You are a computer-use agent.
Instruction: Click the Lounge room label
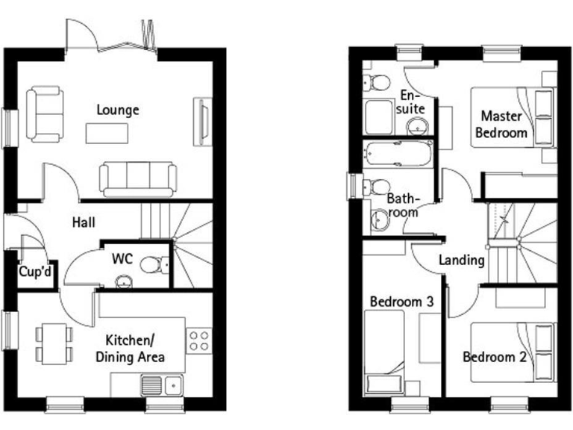click(x=118, y=110)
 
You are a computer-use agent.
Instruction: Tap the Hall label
click(x=84, y=222)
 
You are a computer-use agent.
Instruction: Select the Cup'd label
click(x=35, y=274)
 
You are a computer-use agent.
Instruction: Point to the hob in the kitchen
click(x=198, y=340)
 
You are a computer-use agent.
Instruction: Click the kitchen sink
click(x=163, y=385)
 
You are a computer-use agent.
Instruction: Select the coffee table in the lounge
click(x=107, y=133)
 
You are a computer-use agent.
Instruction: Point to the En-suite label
click(x=411, y=102)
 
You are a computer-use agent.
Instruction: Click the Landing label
click(x=462, y=261)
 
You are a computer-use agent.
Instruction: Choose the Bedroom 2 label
click(x=495, y=357)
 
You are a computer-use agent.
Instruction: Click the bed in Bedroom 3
click(x=384, y=351)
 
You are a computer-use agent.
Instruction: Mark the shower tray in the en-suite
click(x=379, y=116)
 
